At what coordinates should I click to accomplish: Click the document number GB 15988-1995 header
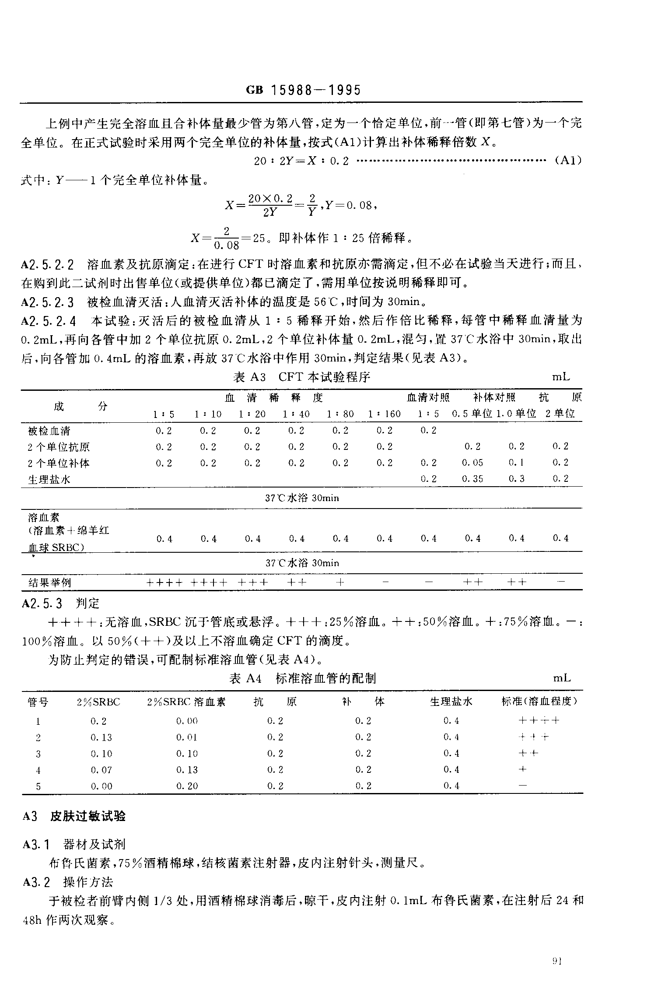pos(303,91)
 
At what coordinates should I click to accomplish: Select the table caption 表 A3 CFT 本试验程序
pos(302,377)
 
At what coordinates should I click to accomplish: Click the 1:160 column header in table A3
pos(384,414)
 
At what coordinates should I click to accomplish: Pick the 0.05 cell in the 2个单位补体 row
pos(472,463)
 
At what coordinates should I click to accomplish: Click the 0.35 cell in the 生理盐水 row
pos(472,479)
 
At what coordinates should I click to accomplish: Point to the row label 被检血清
pos(49,431)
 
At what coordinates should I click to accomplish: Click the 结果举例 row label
pos(49,582)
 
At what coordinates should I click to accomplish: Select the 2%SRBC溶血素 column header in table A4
pos(186,702)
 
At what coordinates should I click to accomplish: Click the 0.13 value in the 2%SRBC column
pos(101,737)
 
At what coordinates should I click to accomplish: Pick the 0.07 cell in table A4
pos(101,770)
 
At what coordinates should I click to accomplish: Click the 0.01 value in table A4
pos(187,737)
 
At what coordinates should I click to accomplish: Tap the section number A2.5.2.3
pos(48,302)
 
